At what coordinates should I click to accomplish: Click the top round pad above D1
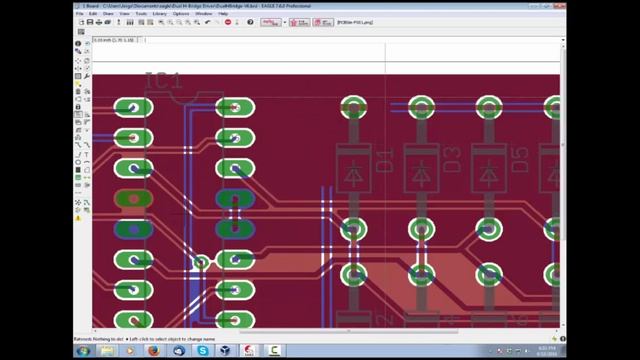coord(353,108)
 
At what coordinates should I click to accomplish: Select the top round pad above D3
coord(421,108)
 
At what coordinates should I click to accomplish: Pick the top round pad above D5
coord(488,108)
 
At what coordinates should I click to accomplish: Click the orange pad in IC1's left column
coord(133,198)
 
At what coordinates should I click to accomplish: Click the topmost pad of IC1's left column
coord(133,107)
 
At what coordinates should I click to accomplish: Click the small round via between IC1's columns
coord(201,263)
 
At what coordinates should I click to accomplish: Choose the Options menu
coord(181,13)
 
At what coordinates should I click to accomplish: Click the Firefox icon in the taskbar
coord(153,351)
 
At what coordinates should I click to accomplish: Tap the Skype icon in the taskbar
coord(203,351)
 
